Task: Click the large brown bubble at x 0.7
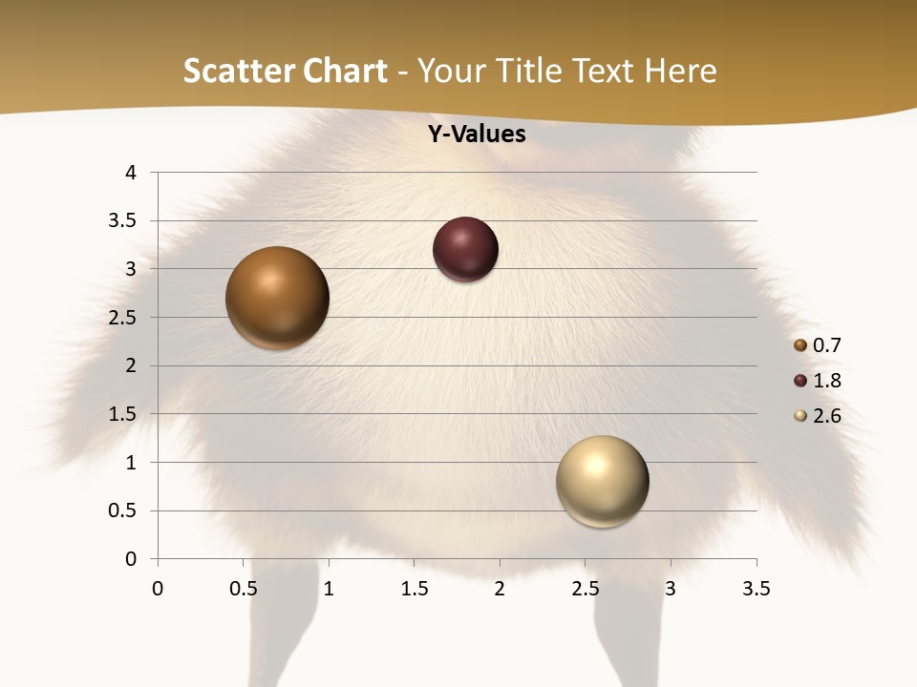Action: (x=278, y=298)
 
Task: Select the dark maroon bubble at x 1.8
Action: (x=465, y=250)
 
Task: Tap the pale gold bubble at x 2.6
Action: (x=602, y=481)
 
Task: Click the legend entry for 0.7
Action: (x=819, y=345)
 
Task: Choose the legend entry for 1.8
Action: (x=819, y=381)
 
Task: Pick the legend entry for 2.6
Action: (x=819, y=416)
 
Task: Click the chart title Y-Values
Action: (x=477, y=134)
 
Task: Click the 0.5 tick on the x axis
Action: (x=244, y=589)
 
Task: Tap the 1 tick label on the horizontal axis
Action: (x=329, y=589)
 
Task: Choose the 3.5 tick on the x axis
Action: (x=757, y=589)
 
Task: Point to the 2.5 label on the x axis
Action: (x=585, y=589)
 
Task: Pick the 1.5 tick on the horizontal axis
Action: (x=414, y=589)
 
